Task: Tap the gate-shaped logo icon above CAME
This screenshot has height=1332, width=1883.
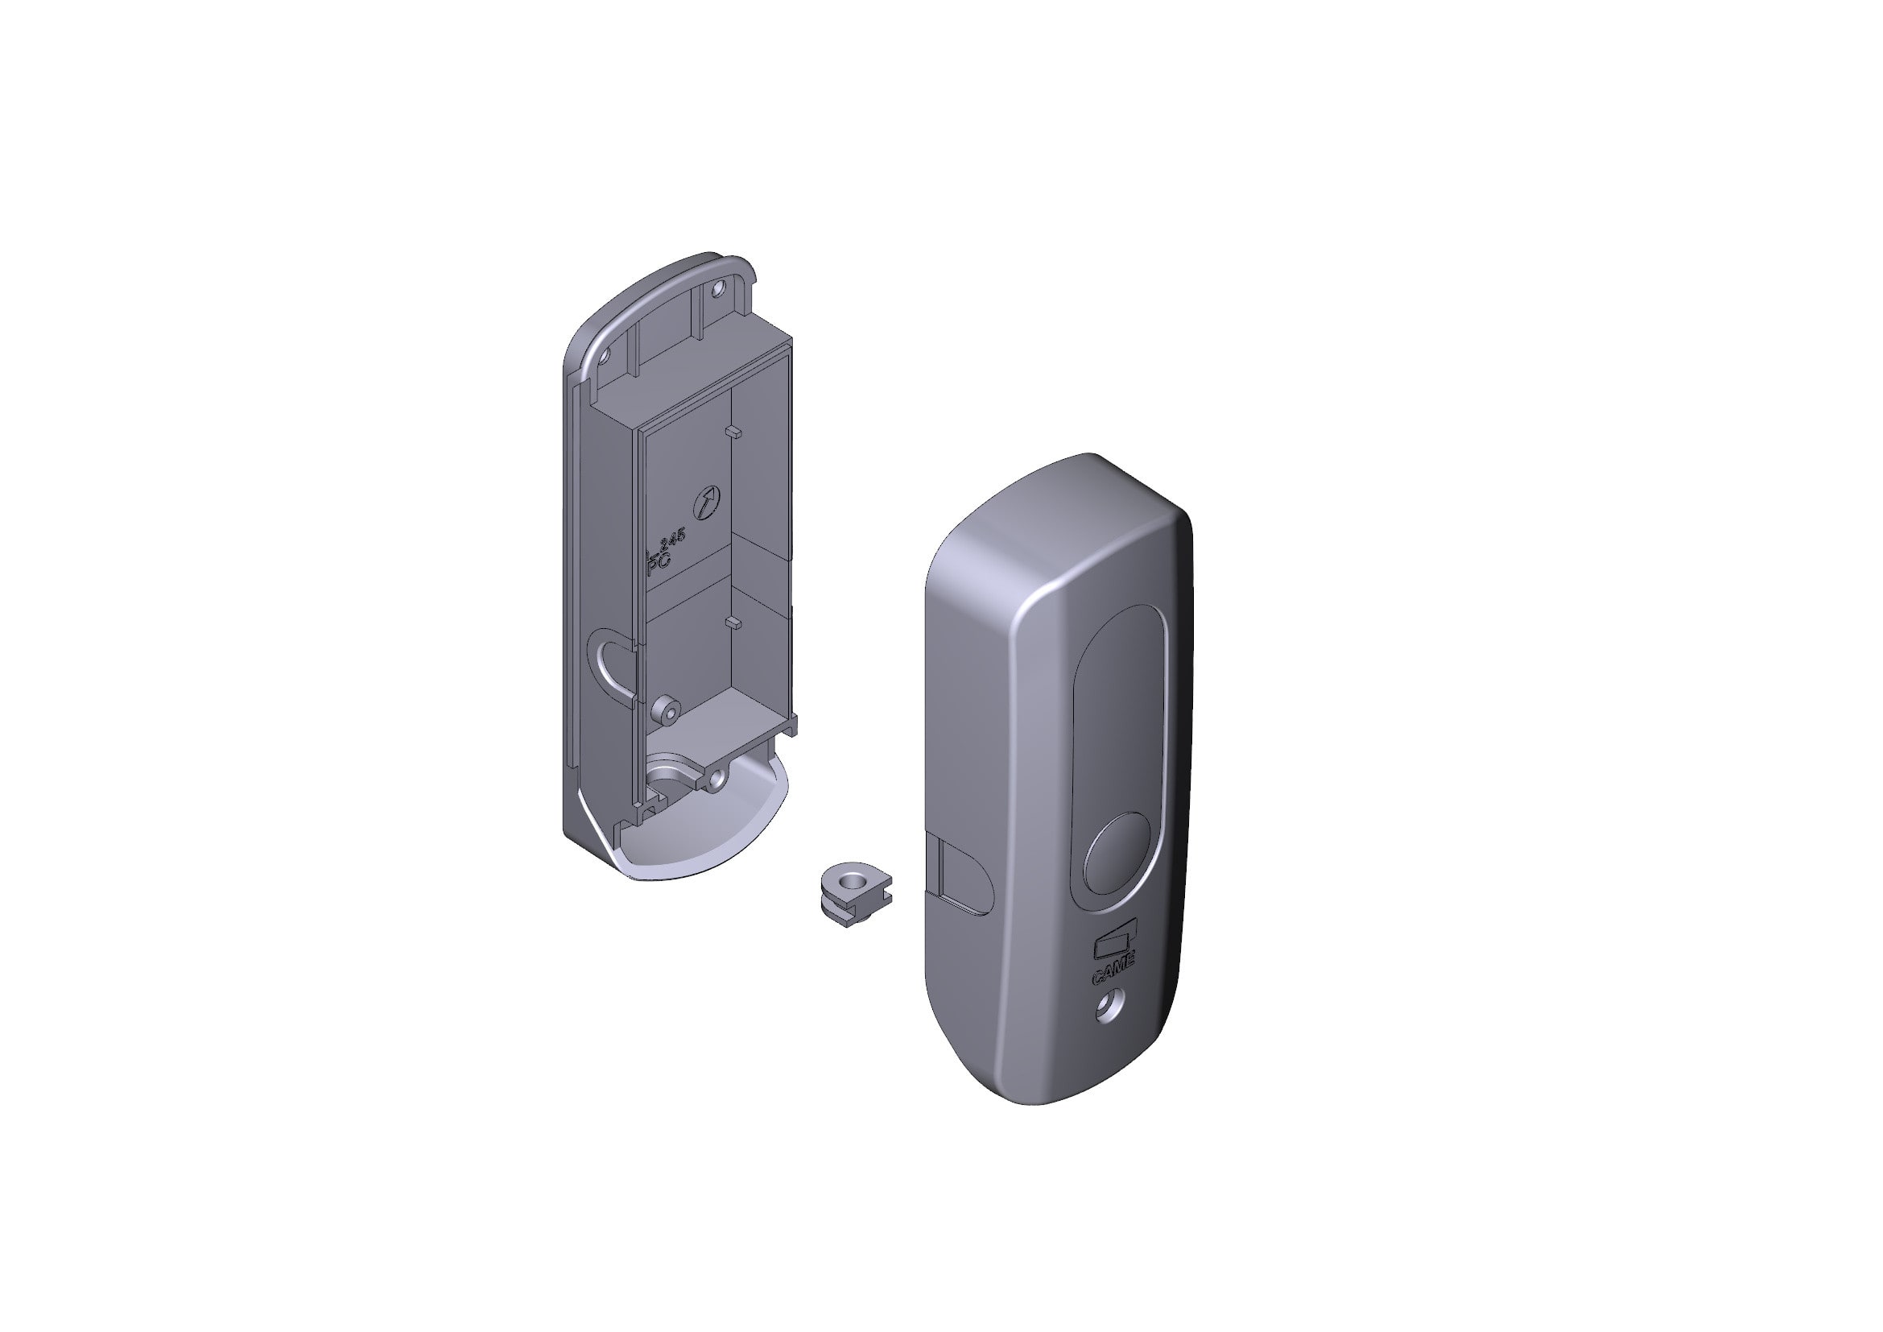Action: [x=1115, y=944]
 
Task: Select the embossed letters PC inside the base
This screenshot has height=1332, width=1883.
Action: [x=659, y=565]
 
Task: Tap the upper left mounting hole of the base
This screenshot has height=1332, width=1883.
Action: [x=606, y=357]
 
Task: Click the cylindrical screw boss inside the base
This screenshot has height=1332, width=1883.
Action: [x=667, y=709]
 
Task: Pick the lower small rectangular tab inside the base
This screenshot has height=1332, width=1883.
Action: [x=736, y=623]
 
